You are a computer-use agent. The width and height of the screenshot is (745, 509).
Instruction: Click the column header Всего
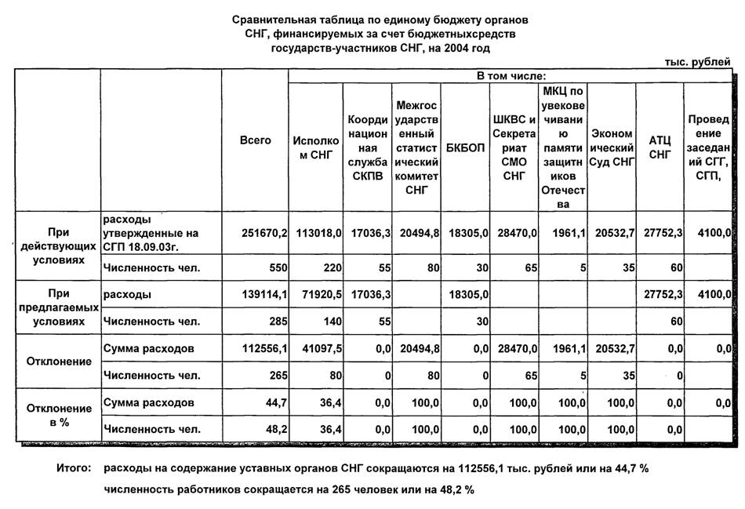[x=256, y=140]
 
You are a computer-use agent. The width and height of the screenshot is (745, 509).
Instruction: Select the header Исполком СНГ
[x=316, y=147]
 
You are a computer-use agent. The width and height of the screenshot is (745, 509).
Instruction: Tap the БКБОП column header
[x=465, y=147]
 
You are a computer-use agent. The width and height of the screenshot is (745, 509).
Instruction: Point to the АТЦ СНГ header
[x=660, y=147]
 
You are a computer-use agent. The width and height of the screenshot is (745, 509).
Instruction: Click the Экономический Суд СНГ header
[x=612, y=147]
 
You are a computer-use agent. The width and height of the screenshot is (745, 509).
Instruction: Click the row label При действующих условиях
[x=58, y=245]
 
